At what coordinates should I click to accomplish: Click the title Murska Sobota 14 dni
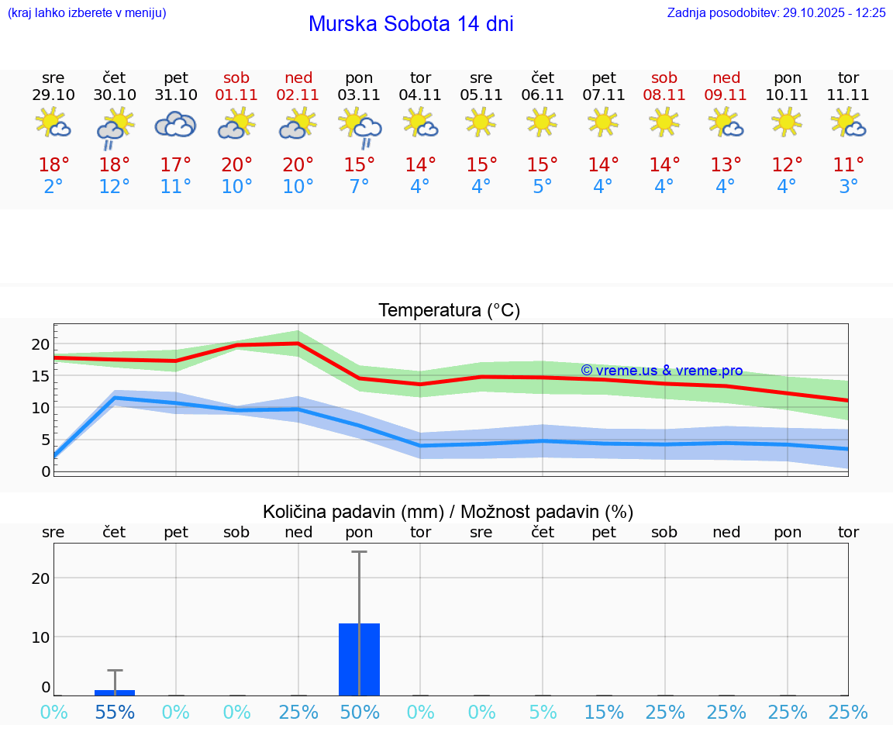[411, 24]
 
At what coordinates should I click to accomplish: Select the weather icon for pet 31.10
[175, 124]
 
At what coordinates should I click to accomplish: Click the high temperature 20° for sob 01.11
[236, 164]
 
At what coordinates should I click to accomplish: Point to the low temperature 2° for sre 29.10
[53, 187]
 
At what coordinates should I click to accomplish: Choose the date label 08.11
[664, 95]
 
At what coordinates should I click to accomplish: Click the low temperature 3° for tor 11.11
[848, 187]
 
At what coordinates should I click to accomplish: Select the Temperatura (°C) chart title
[449, 310]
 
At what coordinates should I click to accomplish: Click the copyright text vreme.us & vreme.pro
[662, 371]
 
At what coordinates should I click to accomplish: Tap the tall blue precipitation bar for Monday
[359, 659]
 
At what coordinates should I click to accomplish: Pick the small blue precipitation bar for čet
[115, 692]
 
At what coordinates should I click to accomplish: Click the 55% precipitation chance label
[115, 712]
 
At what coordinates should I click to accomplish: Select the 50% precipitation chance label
[360, 712]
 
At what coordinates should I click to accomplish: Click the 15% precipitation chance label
[604, 712]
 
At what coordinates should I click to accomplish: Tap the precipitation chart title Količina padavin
[448, 512]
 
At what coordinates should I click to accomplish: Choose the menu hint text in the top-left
[87, 13]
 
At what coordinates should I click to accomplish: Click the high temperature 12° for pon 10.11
[787, 164]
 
